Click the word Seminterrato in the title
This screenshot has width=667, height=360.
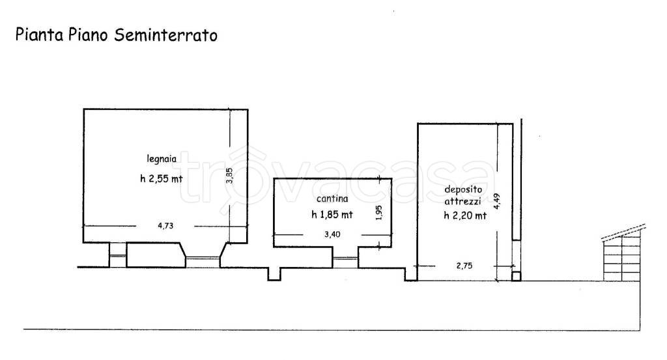[165, 35]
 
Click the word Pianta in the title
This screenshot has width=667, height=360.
[36, 35]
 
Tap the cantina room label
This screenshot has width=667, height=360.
[332, 199]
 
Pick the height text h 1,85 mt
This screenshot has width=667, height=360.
[332, 215]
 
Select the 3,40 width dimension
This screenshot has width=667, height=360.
[332, 235]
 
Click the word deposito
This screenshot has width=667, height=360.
[464, 190]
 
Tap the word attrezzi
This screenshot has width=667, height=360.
[464, 202]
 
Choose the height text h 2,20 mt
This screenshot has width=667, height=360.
[464, 216]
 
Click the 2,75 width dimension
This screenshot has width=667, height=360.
[463, 266]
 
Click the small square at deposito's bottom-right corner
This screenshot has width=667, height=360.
[516, 276]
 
